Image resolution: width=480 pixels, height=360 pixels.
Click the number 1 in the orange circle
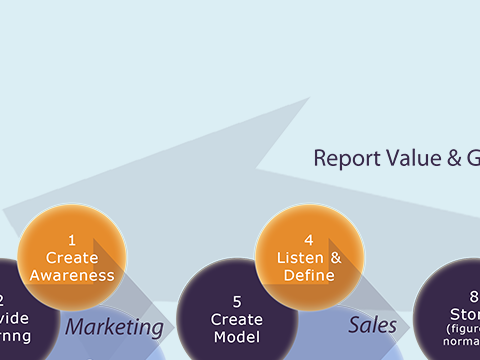72,240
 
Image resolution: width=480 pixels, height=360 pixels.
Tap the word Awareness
72,275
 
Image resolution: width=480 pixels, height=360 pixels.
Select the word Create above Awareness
72,258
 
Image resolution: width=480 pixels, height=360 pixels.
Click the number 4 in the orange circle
309,240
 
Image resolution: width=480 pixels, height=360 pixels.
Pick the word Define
308,275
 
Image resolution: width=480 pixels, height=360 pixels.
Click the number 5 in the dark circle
237,301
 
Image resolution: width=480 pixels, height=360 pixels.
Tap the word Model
237,337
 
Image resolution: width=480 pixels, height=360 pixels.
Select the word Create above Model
237,319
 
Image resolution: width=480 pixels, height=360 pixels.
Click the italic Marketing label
114,327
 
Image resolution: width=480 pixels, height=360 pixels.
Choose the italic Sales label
372,325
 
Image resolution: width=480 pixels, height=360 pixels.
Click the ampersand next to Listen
335,258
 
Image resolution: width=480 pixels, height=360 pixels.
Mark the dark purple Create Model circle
237,315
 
